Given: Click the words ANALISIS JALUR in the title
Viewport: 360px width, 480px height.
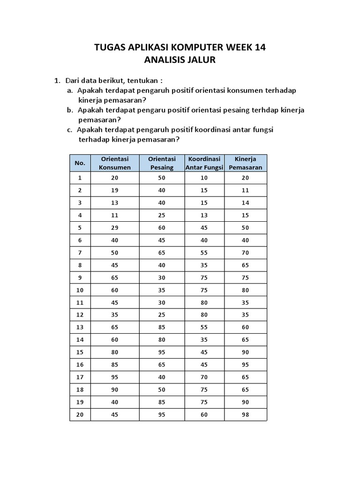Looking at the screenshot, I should point(180,60).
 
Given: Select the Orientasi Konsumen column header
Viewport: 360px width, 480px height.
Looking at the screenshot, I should point(115,163).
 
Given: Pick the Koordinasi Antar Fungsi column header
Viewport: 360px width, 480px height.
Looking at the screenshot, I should point(204,163).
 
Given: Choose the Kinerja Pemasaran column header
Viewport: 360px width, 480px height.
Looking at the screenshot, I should point(246,163).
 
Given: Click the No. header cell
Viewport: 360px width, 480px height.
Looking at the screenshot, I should point(80,163).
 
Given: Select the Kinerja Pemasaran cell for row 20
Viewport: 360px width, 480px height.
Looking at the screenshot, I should point(246,414).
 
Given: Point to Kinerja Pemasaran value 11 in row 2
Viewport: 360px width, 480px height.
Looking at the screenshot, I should point(246,190).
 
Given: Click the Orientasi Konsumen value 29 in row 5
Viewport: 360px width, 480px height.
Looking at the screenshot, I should point(115,228).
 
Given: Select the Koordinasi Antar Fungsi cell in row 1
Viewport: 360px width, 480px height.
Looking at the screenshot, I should point(204,178).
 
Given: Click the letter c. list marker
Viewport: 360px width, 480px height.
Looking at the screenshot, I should point(70,130).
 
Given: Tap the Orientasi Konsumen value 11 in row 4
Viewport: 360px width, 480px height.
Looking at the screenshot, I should point(115,215).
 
